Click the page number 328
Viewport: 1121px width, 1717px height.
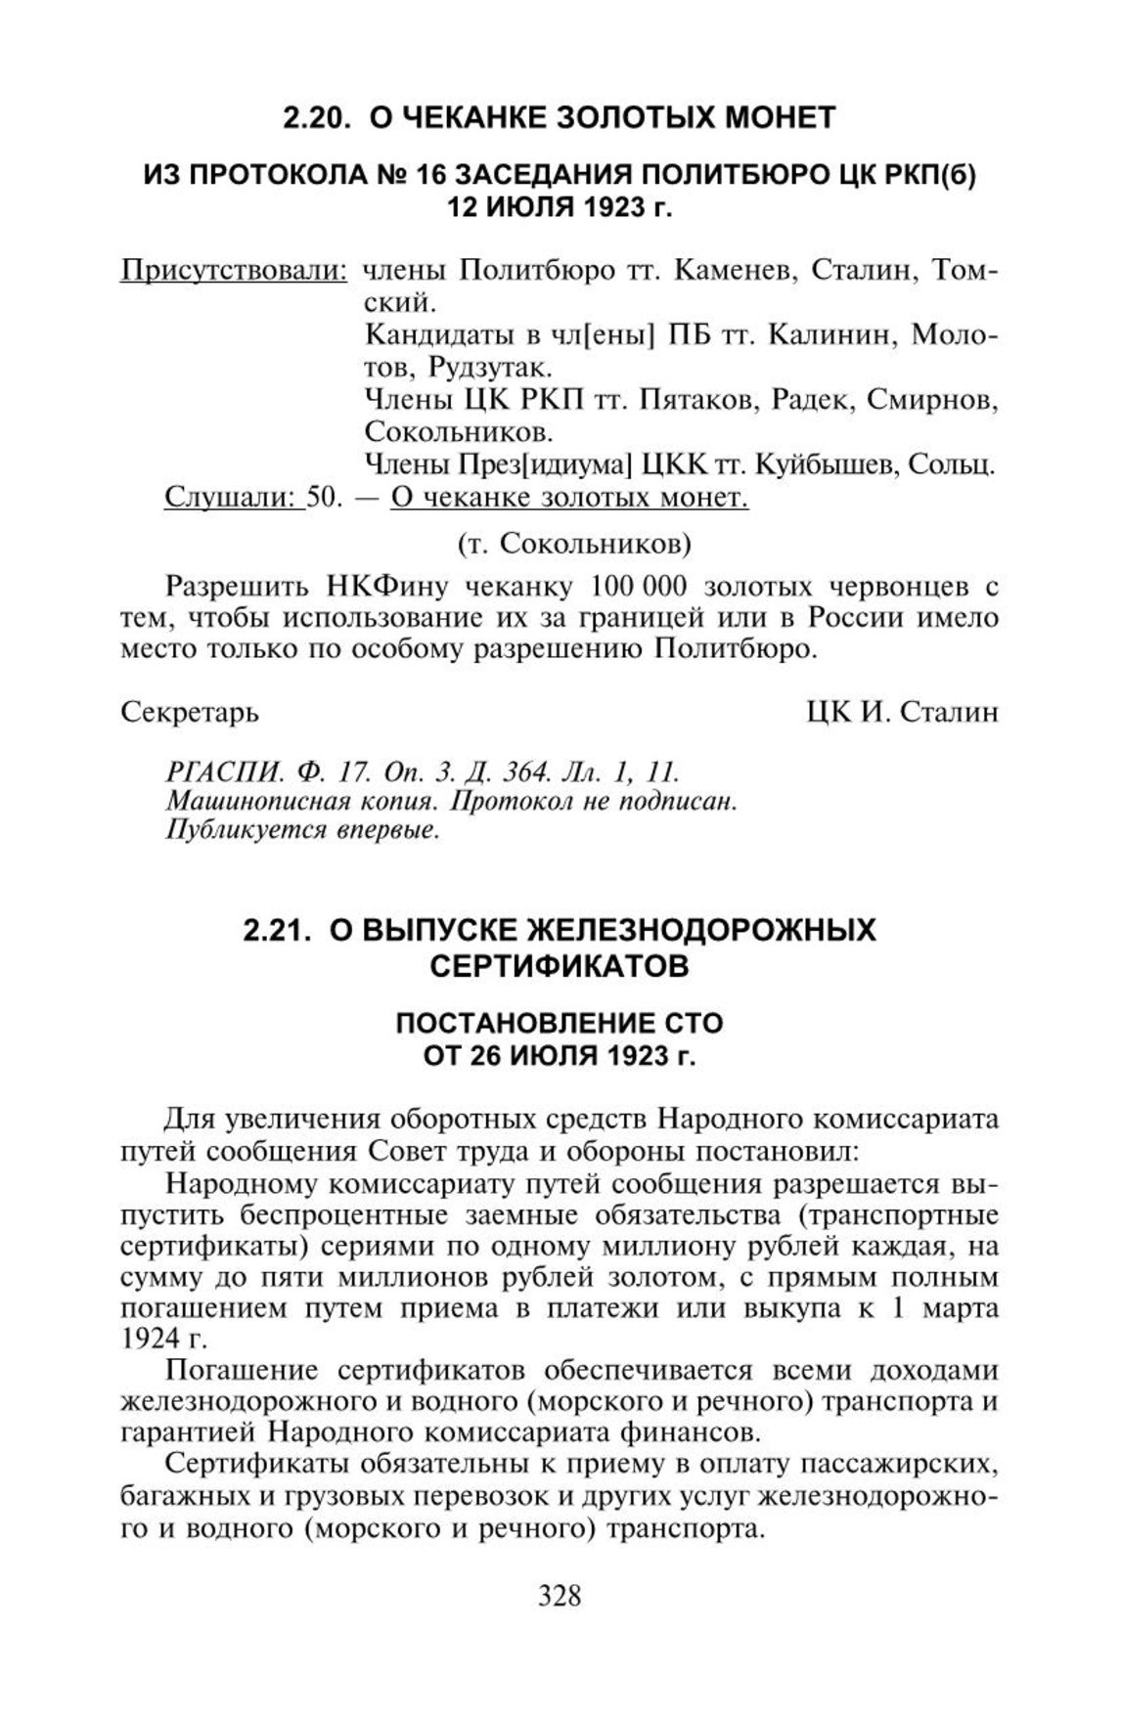pyautogui.click(x=560, y=1596)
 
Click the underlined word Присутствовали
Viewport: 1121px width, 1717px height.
pyautogui.click(x=233, y=270)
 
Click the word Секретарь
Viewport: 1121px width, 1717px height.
pyautogui.click(x=190, y=712)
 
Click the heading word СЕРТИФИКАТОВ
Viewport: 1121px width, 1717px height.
pyautogui.click(x=560, y=966)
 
